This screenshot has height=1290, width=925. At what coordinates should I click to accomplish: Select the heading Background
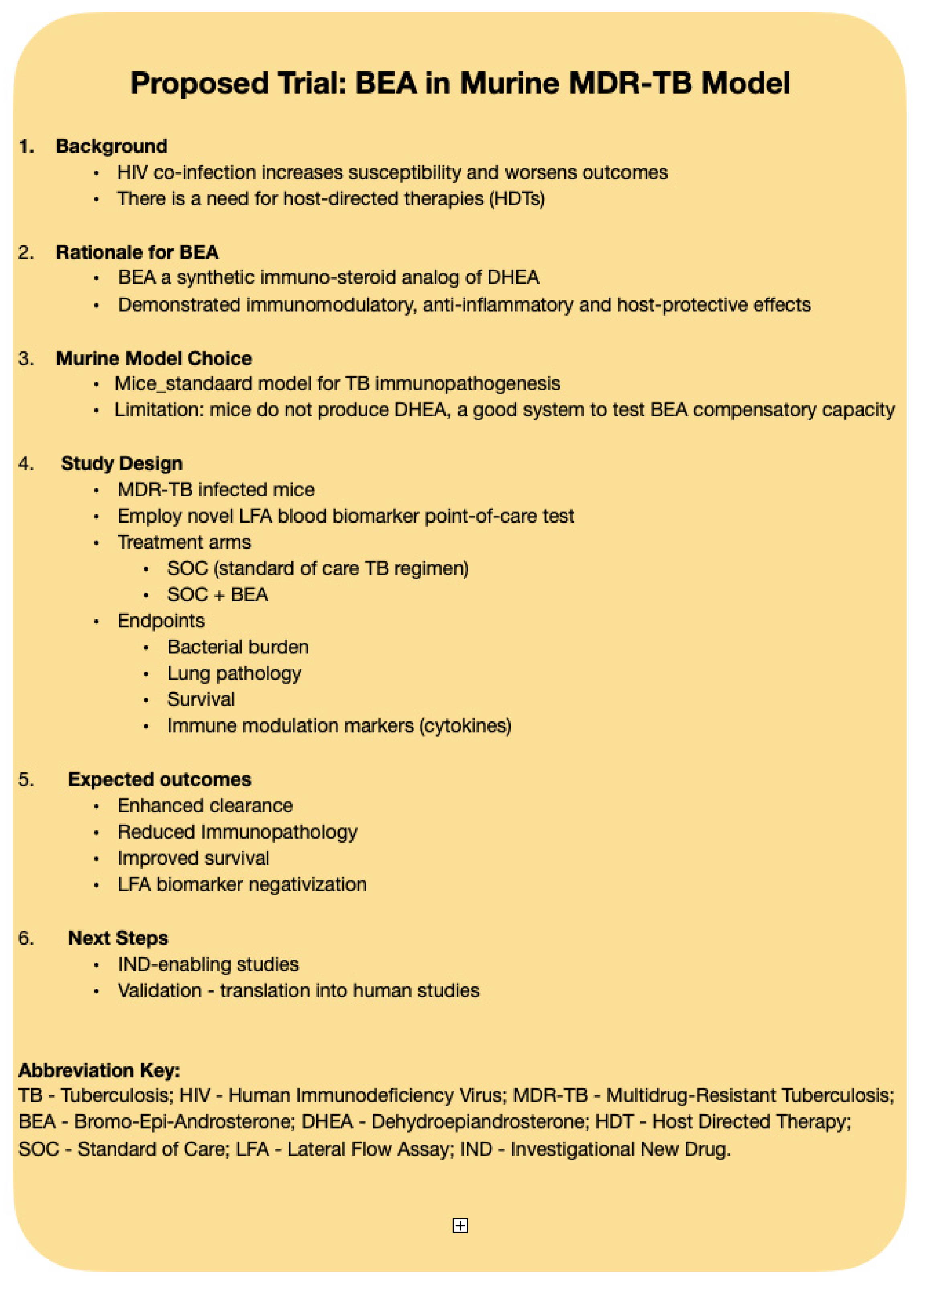112,146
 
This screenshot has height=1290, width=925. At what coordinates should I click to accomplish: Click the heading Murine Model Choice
153,358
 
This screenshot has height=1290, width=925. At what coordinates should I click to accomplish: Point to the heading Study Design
122,463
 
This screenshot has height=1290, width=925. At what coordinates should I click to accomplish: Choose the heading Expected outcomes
159,779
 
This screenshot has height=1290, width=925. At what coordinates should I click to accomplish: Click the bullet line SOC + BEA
217,594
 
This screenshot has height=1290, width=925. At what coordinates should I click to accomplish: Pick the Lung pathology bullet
234,674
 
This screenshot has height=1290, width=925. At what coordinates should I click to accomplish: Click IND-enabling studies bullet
208,964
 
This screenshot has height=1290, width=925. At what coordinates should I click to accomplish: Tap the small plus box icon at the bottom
460,1226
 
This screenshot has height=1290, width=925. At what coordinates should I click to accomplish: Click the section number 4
26,463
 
